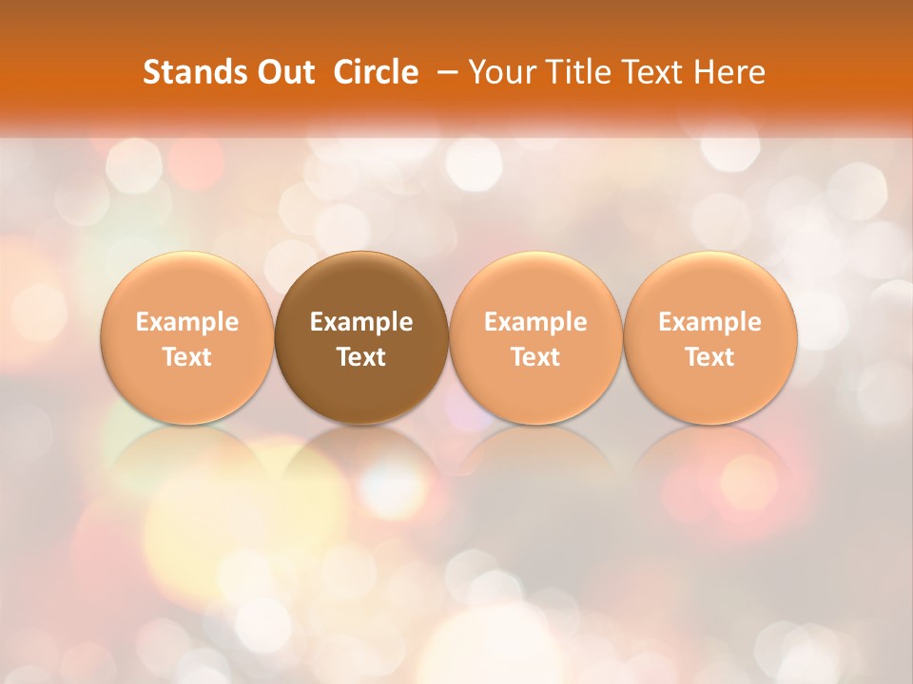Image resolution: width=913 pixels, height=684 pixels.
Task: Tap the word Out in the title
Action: point(283,72)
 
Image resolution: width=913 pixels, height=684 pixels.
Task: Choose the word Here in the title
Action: point(728,72)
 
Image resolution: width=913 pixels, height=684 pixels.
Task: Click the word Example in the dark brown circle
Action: point(361,322)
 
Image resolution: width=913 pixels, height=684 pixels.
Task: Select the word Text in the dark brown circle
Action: point(361,357)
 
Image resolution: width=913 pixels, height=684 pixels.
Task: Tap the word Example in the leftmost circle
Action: point(186,322)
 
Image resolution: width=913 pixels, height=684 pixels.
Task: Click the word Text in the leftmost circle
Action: point(186,357)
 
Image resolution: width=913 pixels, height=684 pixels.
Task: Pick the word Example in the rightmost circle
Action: point(709,322)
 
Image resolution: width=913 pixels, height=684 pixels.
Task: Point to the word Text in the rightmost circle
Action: point(709,357)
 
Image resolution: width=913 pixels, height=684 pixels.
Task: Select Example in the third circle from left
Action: point(535,322)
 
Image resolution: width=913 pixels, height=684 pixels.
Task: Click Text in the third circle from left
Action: point(535,357)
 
